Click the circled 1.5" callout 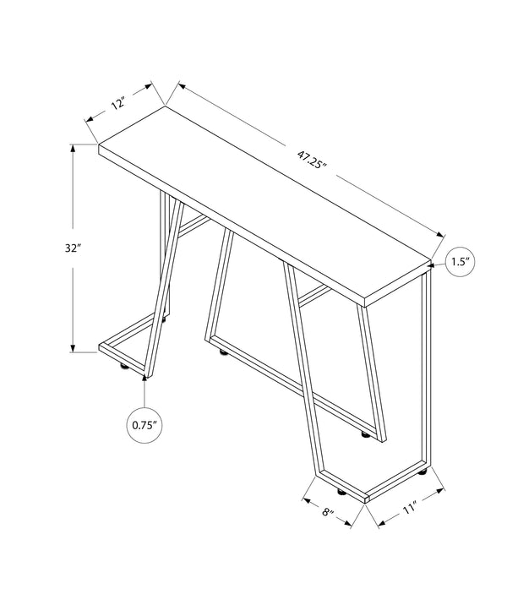(x=460, y=261)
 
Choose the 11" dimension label (x=412, y=510)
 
